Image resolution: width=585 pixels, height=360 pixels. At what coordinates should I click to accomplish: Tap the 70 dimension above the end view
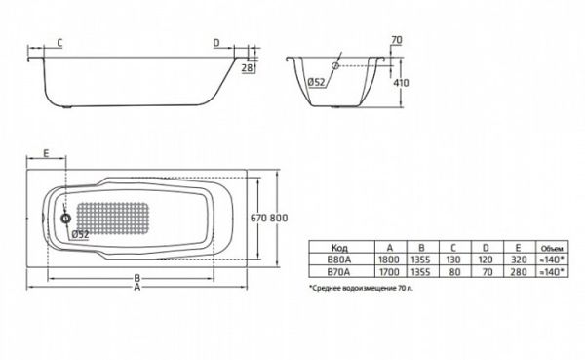(396, 40)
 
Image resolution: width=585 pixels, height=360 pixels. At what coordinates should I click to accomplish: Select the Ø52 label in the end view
(315, 82)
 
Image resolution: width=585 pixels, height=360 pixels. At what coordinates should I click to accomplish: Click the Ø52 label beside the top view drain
(81, 234)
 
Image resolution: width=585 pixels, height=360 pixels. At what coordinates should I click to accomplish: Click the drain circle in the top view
(66, 219)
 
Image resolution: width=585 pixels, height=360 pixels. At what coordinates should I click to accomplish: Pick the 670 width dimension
(257, 217)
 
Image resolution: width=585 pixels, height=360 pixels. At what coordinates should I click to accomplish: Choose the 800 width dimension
(280, 217)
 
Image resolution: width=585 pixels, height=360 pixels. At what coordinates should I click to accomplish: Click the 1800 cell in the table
(389, 261)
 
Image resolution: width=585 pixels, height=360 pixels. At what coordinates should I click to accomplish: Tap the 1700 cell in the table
(389, 274)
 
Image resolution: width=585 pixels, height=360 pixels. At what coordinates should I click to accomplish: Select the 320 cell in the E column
(518, 261)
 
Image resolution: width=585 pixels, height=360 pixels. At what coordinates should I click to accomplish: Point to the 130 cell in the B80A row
(454, 261)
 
